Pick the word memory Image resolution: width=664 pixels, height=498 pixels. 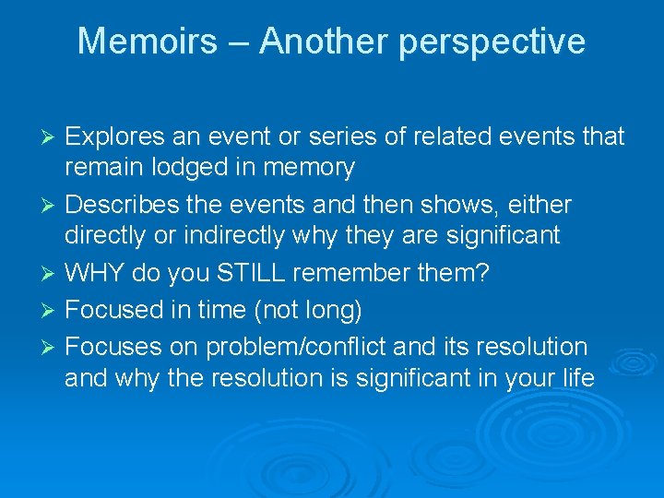tap(309, 169)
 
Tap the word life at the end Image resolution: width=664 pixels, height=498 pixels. tap(577, 378)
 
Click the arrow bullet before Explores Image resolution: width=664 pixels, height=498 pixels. tap(52, 138)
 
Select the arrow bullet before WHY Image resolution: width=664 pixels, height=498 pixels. tap(52, 274)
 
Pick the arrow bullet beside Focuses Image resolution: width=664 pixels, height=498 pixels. tap(52, 348)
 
